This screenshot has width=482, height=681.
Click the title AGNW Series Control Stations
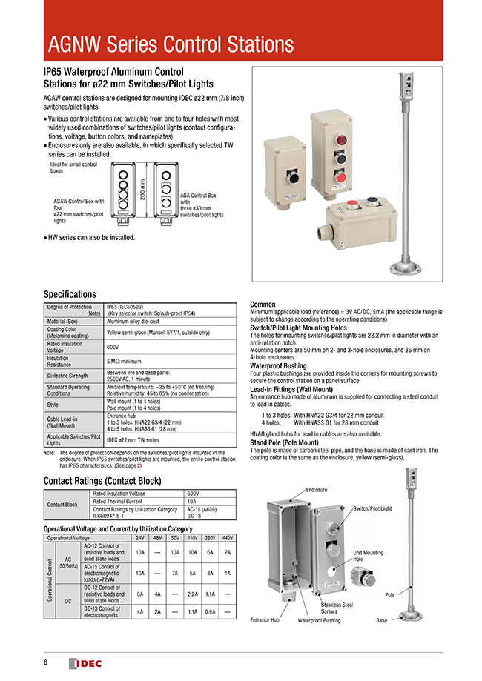click(171, 44)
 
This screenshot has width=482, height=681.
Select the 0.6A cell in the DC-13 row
click(211, 612)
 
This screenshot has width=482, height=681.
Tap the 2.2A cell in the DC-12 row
click(194, 594)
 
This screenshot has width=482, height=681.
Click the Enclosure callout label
click(317, 491)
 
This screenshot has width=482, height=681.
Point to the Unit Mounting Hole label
click(368, 556)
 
